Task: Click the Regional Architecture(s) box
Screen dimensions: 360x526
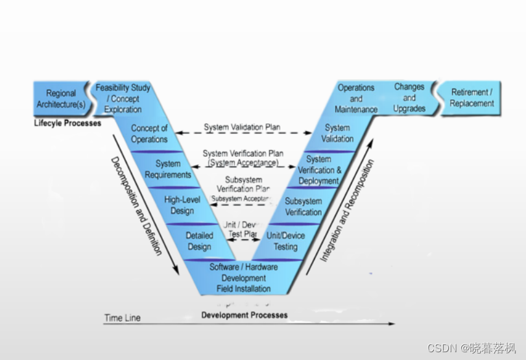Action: pos(60,99)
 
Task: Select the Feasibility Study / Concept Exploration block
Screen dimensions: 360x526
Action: pos(123,99)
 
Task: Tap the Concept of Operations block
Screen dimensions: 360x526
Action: pos(149,134)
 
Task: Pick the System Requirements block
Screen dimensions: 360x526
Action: pos(168,169)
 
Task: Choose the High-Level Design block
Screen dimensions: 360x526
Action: pos(182,205)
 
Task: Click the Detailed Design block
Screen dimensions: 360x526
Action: pos(199,241)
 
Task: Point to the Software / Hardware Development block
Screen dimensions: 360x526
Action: pos(243,277)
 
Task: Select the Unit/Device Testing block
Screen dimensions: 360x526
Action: pos(285,241)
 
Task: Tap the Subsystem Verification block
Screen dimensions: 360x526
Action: pos(303,206)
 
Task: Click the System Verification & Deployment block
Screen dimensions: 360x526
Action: pos(318,170)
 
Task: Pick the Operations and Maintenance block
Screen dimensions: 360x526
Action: pos(356,99)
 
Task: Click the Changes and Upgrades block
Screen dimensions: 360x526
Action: pos(409,97)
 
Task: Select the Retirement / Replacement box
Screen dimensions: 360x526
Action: pos(472,98)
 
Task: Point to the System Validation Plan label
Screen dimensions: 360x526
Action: pos(242,127)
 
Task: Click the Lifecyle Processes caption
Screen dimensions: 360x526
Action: pos(67,123)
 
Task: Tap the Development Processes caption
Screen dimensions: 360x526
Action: pos(244,315)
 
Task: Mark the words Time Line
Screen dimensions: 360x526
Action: pos(123,318)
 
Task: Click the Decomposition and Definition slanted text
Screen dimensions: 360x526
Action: pos(136,205)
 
